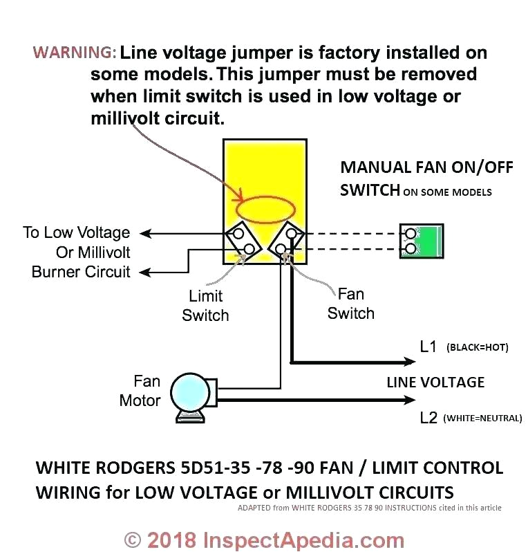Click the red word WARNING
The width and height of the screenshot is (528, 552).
[x=75, y=53]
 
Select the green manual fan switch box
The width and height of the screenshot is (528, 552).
[x=422, y=241]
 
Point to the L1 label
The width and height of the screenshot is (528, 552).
[x=428, y=347]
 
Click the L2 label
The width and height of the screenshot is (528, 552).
[x=428, y=418]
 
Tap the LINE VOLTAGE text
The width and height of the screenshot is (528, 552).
[x=435, y=382]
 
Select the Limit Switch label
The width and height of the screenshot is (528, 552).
[x=205, y=306]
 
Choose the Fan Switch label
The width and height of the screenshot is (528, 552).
[x=350, y=304]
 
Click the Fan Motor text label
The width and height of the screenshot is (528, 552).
[x=140, y=391]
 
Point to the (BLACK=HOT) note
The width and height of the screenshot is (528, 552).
[x=478, y=347]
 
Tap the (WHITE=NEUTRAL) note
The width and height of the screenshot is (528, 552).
[x=482, y=418]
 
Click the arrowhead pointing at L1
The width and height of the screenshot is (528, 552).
[x=408, y=361]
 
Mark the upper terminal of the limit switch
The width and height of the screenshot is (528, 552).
[x=237, y=234]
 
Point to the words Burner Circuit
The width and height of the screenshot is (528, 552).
[x=81, y=271]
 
